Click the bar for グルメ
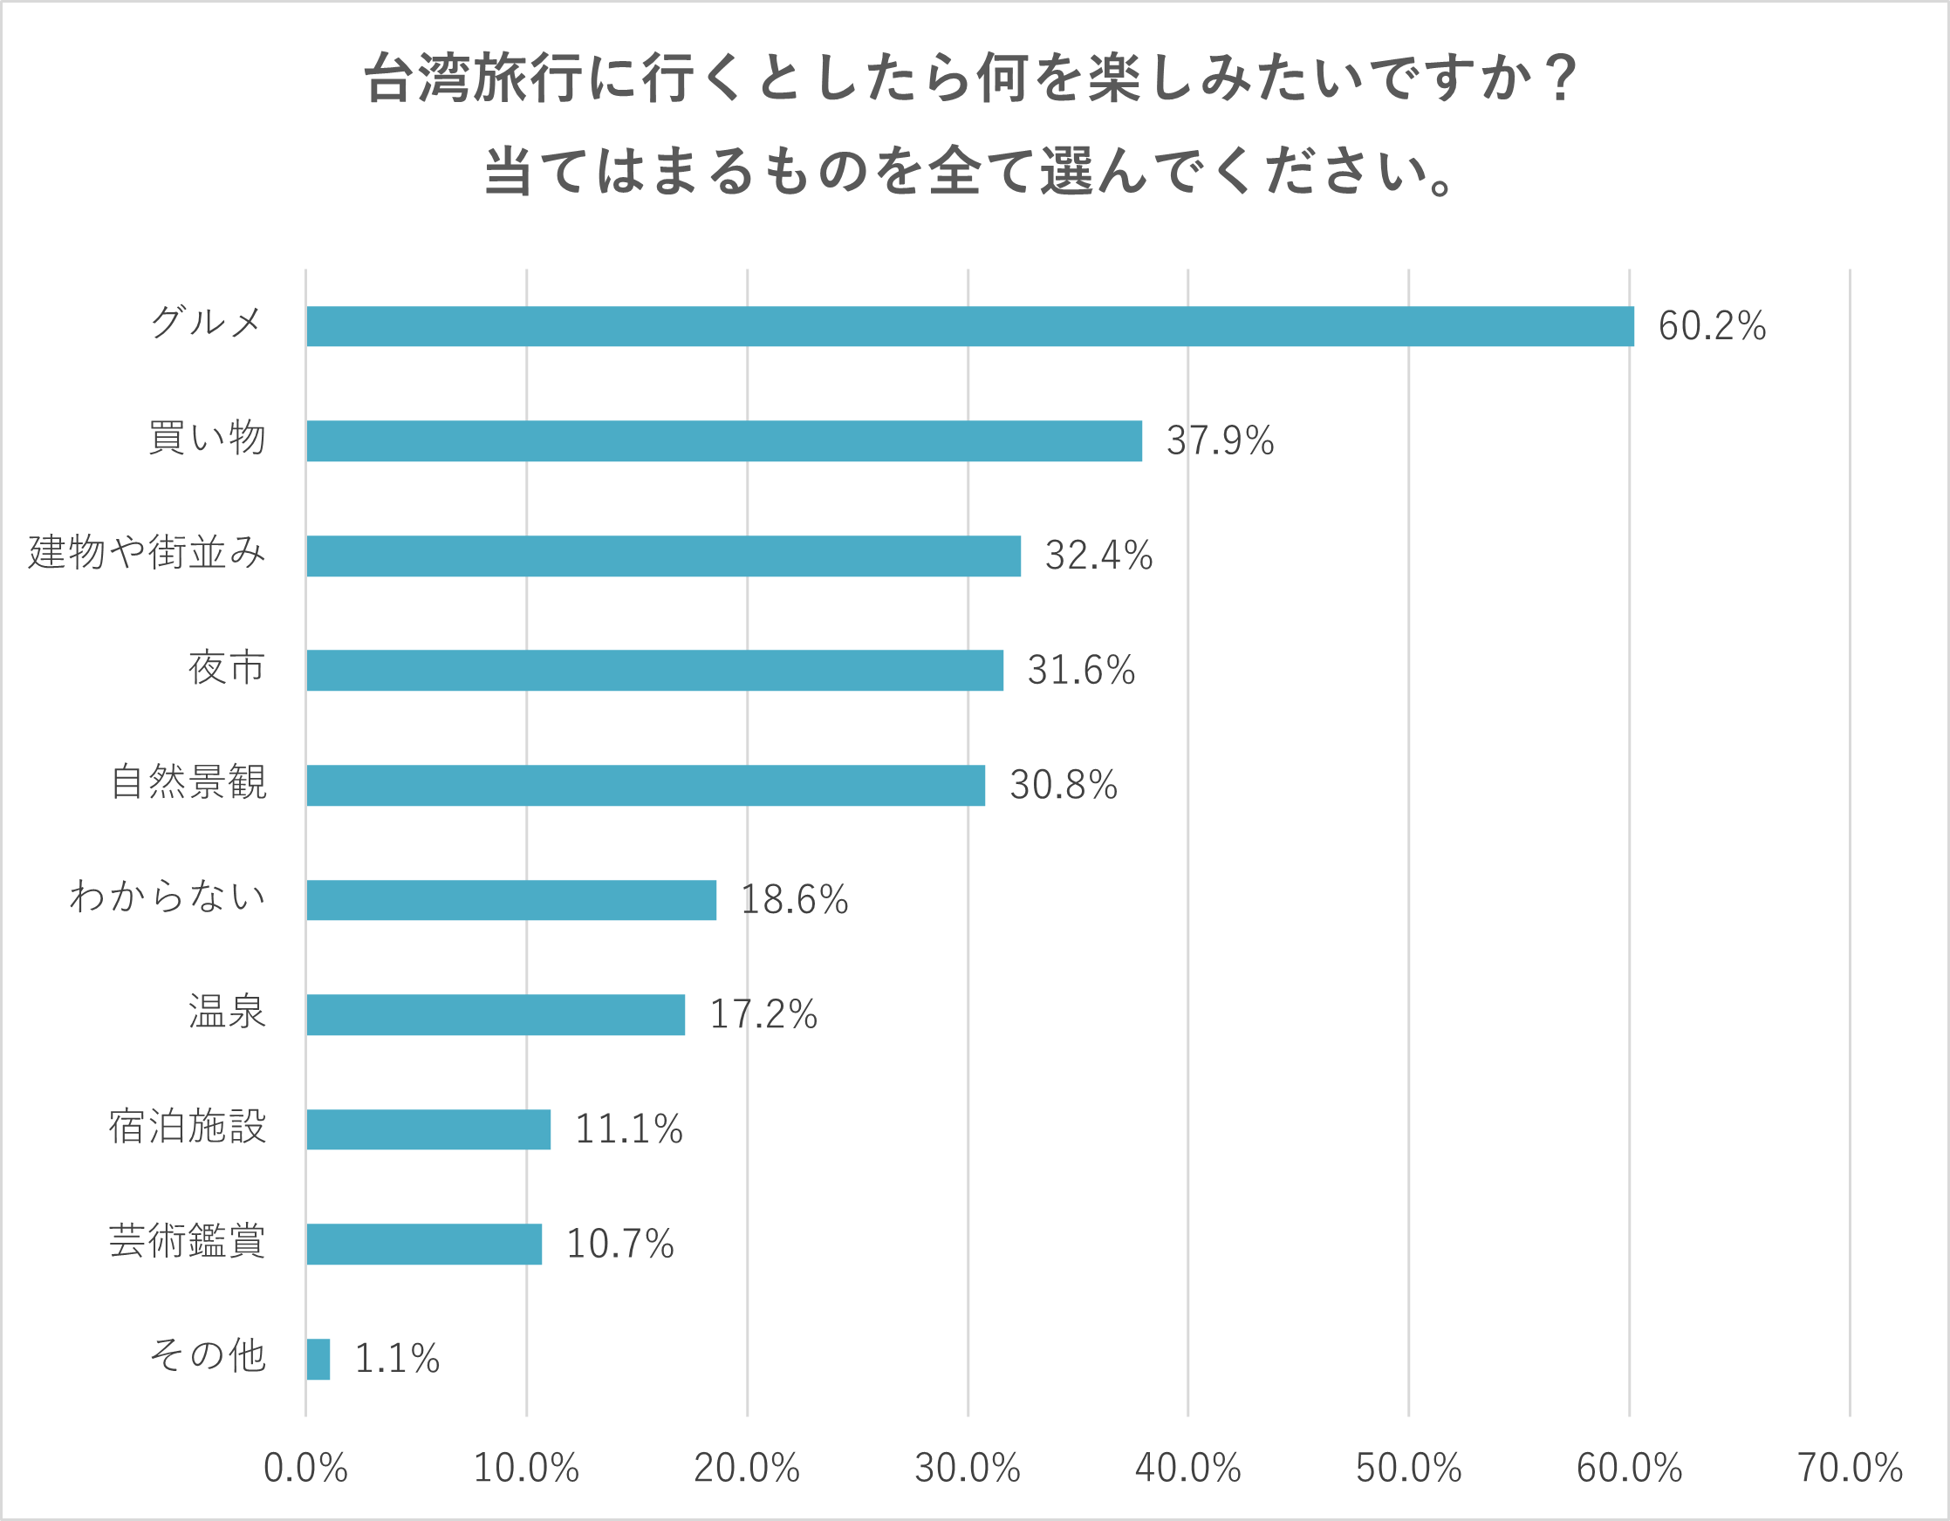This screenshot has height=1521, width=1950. point(969,326)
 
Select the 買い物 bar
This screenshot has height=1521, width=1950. point(724,441)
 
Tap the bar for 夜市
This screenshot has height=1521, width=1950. point(654,671)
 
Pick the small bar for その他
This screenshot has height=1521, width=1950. point(318,1359)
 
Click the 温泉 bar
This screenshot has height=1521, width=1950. point(496,1015)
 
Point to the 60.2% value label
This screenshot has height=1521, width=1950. point(1712,326)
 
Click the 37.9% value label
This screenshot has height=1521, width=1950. point(1220,441)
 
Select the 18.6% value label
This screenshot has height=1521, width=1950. point(794,900)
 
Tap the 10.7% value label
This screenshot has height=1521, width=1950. point(619,1245)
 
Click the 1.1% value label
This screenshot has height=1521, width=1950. point(396,1359)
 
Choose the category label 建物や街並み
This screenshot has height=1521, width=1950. point(147,553)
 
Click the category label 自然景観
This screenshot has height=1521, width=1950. point(188,782)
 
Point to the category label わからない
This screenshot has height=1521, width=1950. point(168,897)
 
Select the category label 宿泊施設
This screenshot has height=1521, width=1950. point(188,1127)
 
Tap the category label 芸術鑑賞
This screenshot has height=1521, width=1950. point(188,1242)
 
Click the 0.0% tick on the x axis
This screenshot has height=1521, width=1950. point(305,1469)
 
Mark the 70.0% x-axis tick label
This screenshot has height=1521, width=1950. point(1849,1469)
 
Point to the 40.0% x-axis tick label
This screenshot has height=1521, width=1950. point(1187,1469)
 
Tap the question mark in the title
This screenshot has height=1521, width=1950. point(1562,78)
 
